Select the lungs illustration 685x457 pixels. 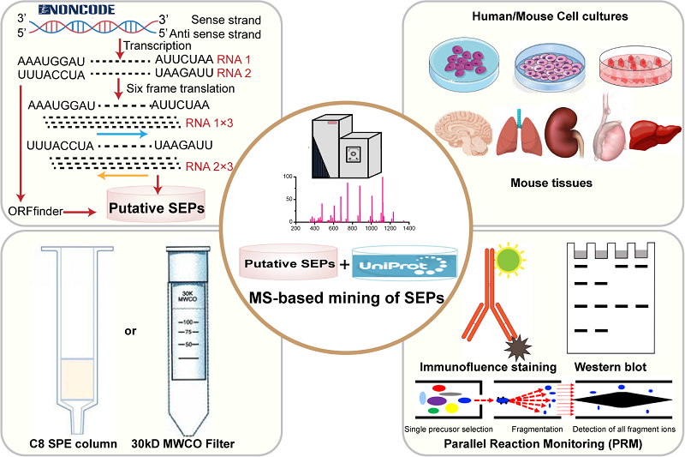[521, 130]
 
